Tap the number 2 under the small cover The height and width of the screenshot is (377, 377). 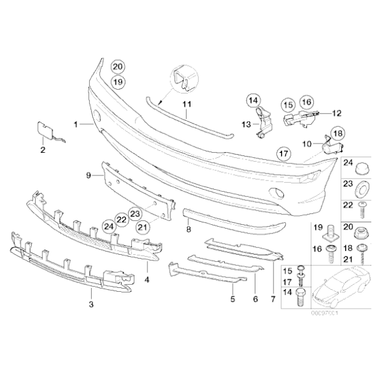[42, 151]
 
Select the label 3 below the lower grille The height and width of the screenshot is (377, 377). [91, 304]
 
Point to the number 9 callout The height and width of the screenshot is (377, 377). [88, 175]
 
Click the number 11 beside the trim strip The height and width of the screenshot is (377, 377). [186, 103]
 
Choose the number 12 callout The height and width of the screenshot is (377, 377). [336, 113]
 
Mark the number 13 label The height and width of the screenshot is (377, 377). [247, 123]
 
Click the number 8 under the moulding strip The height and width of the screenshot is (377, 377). [188, 229]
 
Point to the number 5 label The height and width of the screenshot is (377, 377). [232, 300]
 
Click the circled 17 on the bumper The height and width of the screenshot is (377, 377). [282, 154]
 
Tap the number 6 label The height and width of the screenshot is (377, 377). [255, 300]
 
